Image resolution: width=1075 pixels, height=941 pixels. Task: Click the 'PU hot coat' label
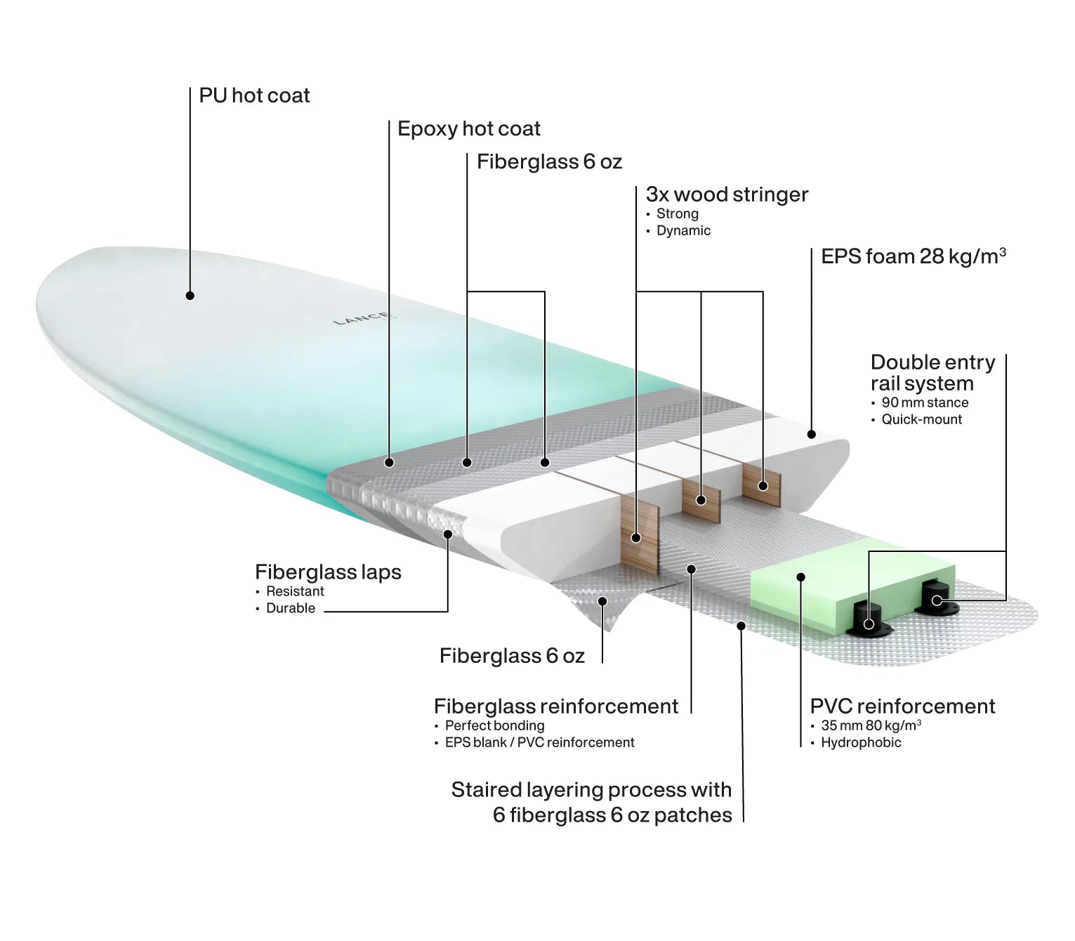pyautogui.click(x=254, y=96)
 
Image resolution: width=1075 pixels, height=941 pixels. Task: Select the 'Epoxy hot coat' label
pyautogui.click(x=468, y=129)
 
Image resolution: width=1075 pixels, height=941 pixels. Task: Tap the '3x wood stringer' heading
pyautogui.click(x=727, y=195)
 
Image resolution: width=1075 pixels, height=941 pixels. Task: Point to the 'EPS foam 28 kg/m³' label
pyautogui.click(x=914, y=256)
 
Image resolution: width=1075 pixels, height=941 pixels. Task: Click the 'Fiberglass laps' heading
pyautogui.click(x=328, y=572)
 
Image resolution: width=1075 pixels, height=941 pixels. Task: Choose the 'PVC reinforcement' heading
pyautogui.click(x=903, y=706)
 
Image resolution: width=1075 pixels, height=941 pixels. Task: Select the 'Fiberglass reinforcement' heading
pyautogui.click(x=556, y=706)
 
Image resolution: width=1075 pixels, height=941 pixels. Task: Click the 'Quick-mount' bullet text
pyautogui.click(x=921, y=419)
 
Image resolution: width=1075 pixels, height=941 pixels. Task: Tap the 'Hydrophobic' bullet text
pyautogui.click(x=861, y=742)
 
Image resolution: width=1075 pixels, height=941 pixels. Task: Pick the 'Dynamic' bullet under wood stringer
pyautogui.click(x=684, y=230)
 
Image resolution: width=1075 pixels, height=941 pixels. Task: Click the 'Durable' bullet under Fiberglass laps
pyautogui.click(x=291, y=608)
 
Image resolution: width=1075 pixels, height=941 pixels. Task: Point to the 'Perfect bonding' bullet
pyautogui.click(x=494, y=725)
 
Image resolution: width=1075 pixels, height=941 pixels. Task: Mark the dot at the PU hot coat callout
pyautogui.click(x=190, y=296)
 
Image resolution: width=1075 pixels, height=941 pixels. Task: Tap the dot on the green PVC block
pyautogui.click(x=800, y=577)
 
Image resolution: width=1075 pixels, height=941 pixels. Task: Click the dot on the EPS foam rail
pyautogui.click(x=811, y=435)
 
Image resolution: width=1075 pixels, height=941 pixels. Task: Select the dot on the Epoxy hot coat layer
pyautogui.click(x=389, y=463)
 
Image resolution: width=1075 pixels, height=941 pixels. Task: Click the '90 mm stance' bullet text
pyautogui.click(x=925, y=402)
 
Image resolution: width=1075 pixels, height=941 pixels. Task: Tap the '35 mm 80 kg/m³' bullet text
pyautogui.click(x=871, y=725)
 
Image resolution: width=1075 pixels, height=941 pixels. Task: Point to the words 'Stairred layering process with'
pyautogui.click(x=591, y=790)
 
